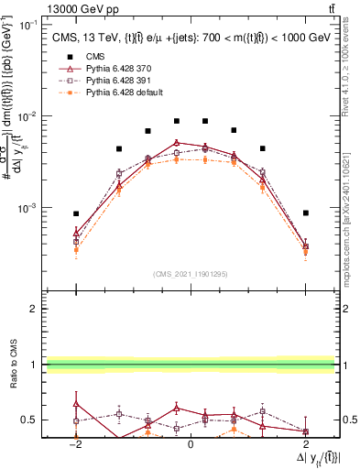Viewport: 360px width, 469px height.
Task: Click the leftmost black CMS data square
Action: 77,213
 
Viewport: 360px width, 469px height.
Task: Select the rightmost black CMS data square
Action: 305,213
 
